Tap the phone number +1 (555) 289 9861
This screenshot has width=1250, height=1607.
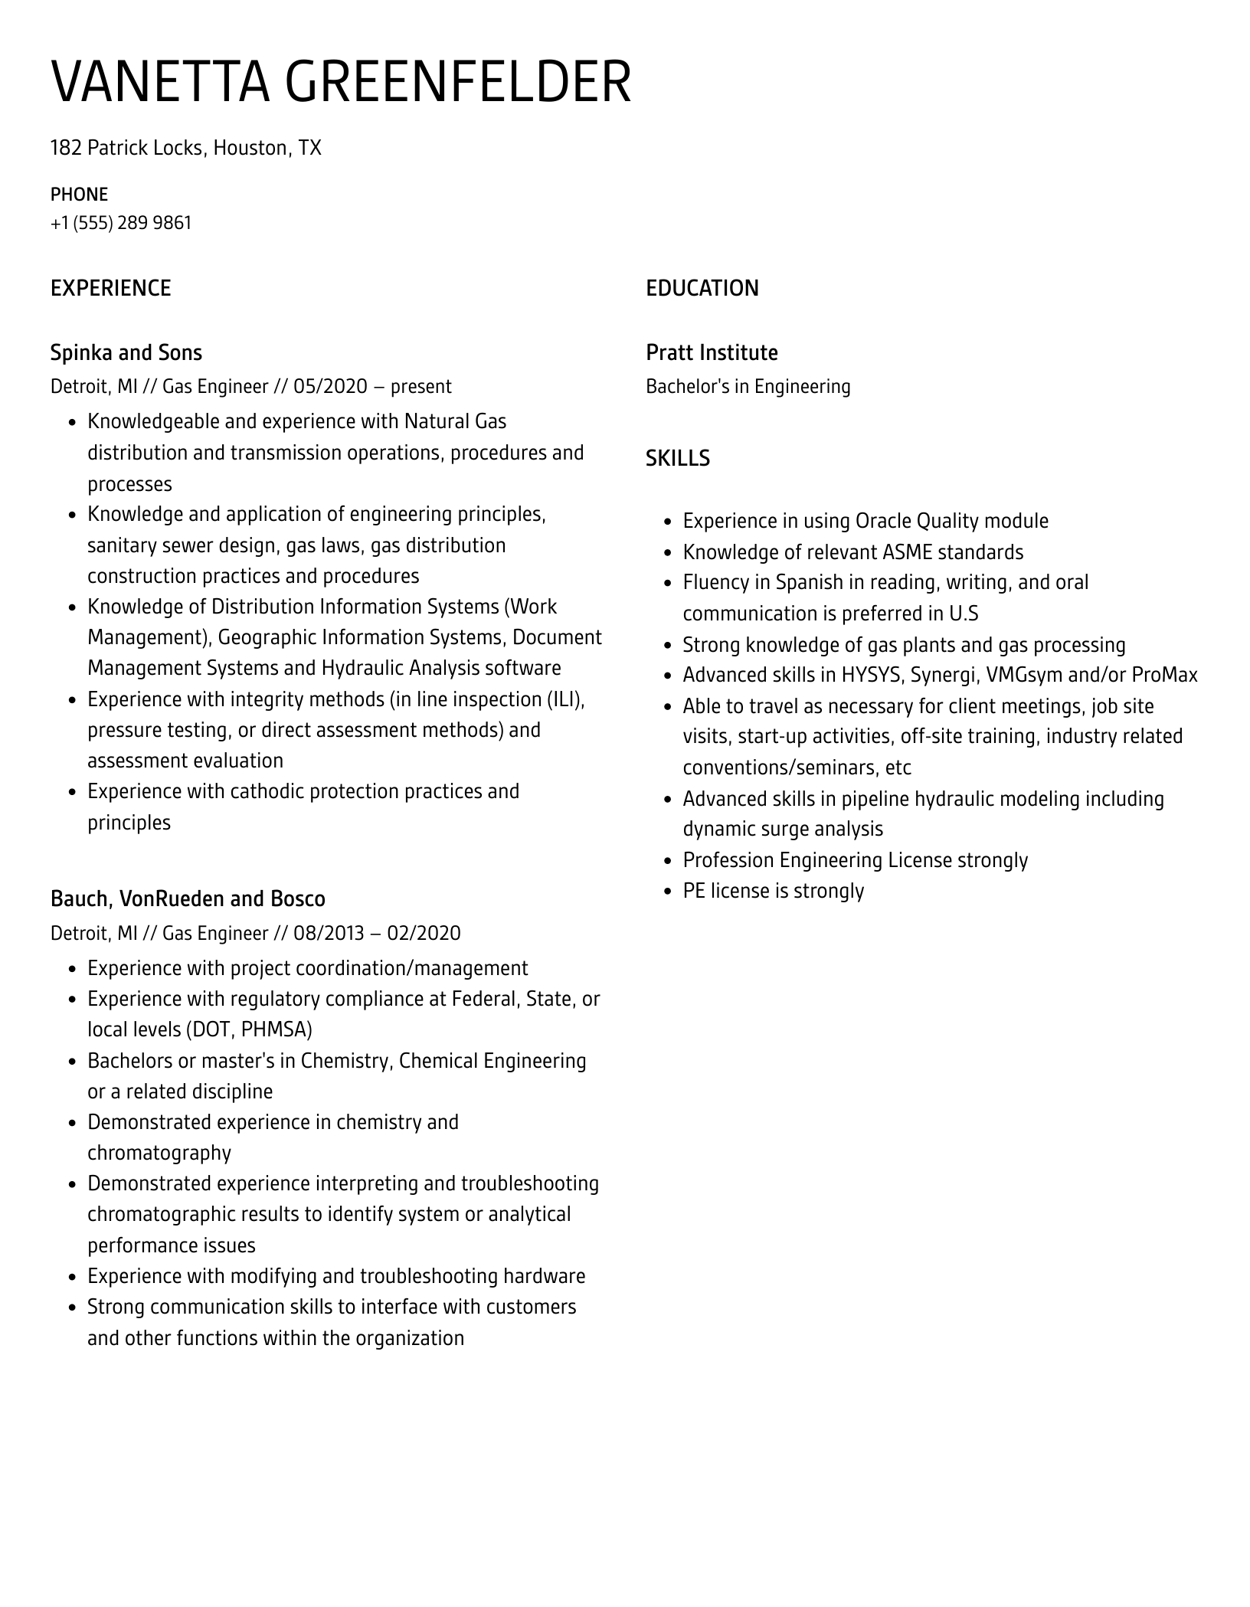(x=121, y=223)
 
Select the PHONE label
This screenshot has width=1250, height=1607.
(x=79, y=195)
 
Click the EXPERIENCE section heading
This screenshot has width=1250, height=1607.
(x=110, y=288)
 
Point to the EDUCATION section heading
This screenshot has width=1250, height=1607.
(x=702, y=288)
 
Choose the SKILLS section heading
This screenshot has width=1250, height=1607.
(x=677, y=458)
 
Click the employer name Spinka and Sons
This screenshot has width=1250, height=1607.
(x=126, y=352)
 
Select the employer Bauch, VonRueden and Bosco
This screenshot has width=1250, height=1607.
(x=188, y=898)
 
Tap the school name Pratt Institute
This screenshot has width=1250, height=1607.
(x=712, y=352)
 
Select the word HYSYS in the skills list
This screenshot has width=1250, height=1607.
(x=871, y=675)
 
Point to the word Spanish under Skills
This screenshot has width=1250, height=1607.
(x=809, y=582)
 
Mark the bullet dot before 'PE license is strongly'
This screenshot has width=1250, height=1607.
(x=666, y=892)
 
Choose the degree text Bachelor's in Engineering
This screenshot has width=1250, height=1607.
(x=748, y=386)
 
